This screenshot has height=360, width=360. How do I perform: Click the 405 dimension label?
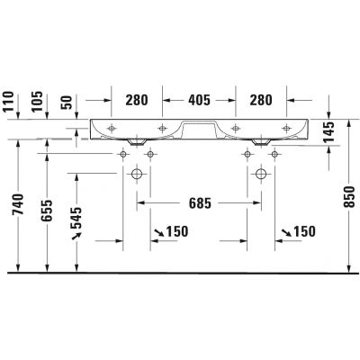(199, 100)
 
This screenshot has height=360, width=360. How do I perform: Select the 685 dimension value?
(200, 203)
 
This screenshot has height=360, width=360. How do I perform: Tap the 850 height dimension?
(349, 197)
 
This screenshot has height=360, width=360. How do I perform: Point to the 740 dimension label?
(18, 204)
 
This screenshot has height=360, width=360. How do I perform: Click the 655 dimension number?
(47, 211)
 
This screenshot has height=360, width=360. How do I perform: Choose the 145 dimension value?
(329, 132)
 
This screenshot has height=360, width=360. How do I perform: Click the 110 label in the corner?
(8, 102)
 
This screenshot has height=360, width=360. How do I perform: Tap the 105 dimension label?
(37, 102)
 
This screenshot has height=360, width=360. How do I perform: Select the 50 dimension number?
(67, 103)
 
